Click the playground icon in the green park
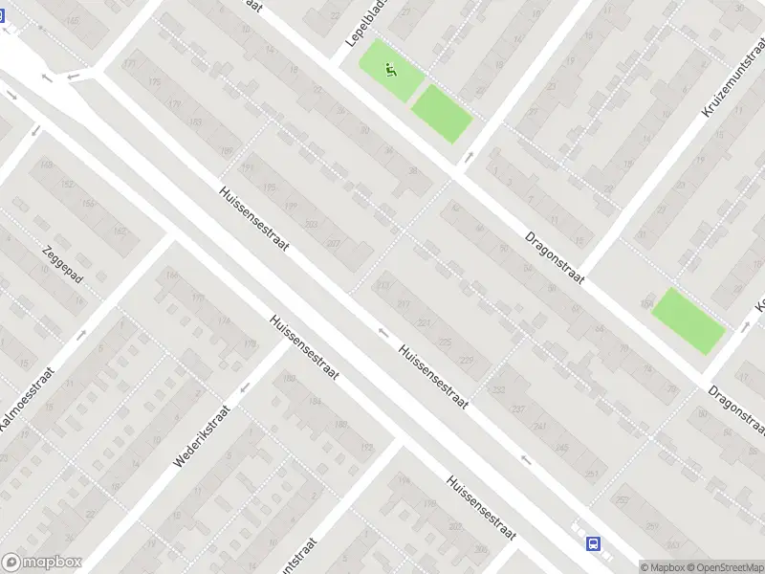390,69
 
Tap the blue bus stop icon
594,543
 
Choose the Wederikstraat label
203,439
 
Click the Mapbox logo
42,563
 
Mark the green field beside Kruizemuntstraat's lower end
688,320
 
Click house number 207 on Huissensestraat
333,244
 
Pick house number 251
592,475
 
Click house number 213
384,285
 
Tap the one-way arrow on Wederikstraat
245,387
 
